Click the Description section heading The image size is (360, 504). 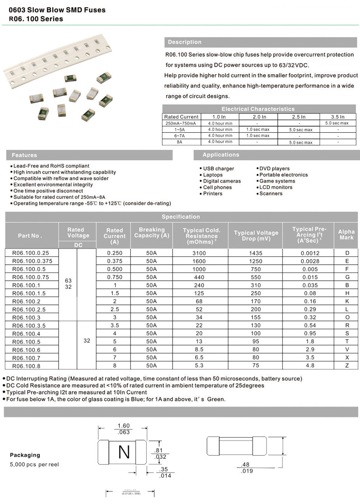coord(185,42)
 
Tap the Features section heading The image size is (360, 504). coord(24,155)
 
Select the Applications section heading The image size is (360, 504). coord(221,155)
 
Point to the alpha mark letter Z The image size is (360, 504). coord(347,366)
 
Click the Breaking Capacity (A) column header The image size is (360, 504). coord(151,233)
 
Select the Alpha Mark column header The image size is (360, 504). coord(346,235)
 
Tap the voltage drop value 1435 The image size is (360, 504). coord(255,253)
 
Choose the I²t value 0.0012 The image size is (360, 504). coord(309,253)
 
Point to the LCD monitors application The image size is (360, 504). coord(276,187)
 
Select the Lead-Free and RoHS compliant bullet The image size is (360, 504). coord(51,166)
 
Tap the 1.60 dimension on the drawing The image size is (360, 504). coord(123,426)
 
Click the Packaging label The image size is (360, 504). coord(25,455)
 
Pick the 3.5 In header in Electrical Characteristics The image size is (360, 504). coord(338,117)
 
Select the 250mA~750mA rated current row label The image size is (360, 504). coord(180,124)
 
